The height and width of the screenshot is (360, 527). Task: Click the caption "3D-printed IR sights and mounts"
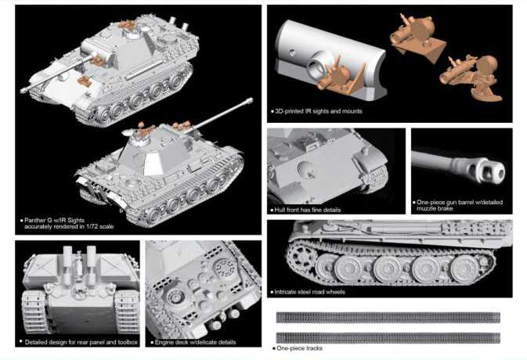[x=318, y=111]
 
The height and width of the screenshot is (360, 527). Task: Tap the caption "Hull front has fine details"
[x=307, y=210]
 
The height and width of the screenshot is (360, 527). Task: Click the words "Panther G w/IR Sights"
[x=54, y=220]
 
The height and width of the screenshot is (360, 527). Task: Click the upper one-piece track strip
[x=388, y=318]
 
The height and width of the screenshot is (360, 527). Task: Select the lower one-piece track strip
[x=388, y=337]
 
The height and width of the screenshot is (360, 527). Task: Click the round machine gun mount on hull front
[x=306, y=170]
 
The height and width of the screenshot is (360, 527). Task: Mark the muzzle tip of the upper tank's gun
[x=23, y=90]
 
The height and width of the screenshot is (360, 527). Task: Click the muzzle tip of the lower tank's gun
[x=250, y=99]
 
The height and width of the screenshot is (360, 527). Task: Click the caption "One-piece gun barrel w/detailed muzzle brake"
[x=460, y=205]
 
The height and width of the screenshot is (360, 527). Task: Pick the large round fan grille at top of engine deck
[x=226, y=268]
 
